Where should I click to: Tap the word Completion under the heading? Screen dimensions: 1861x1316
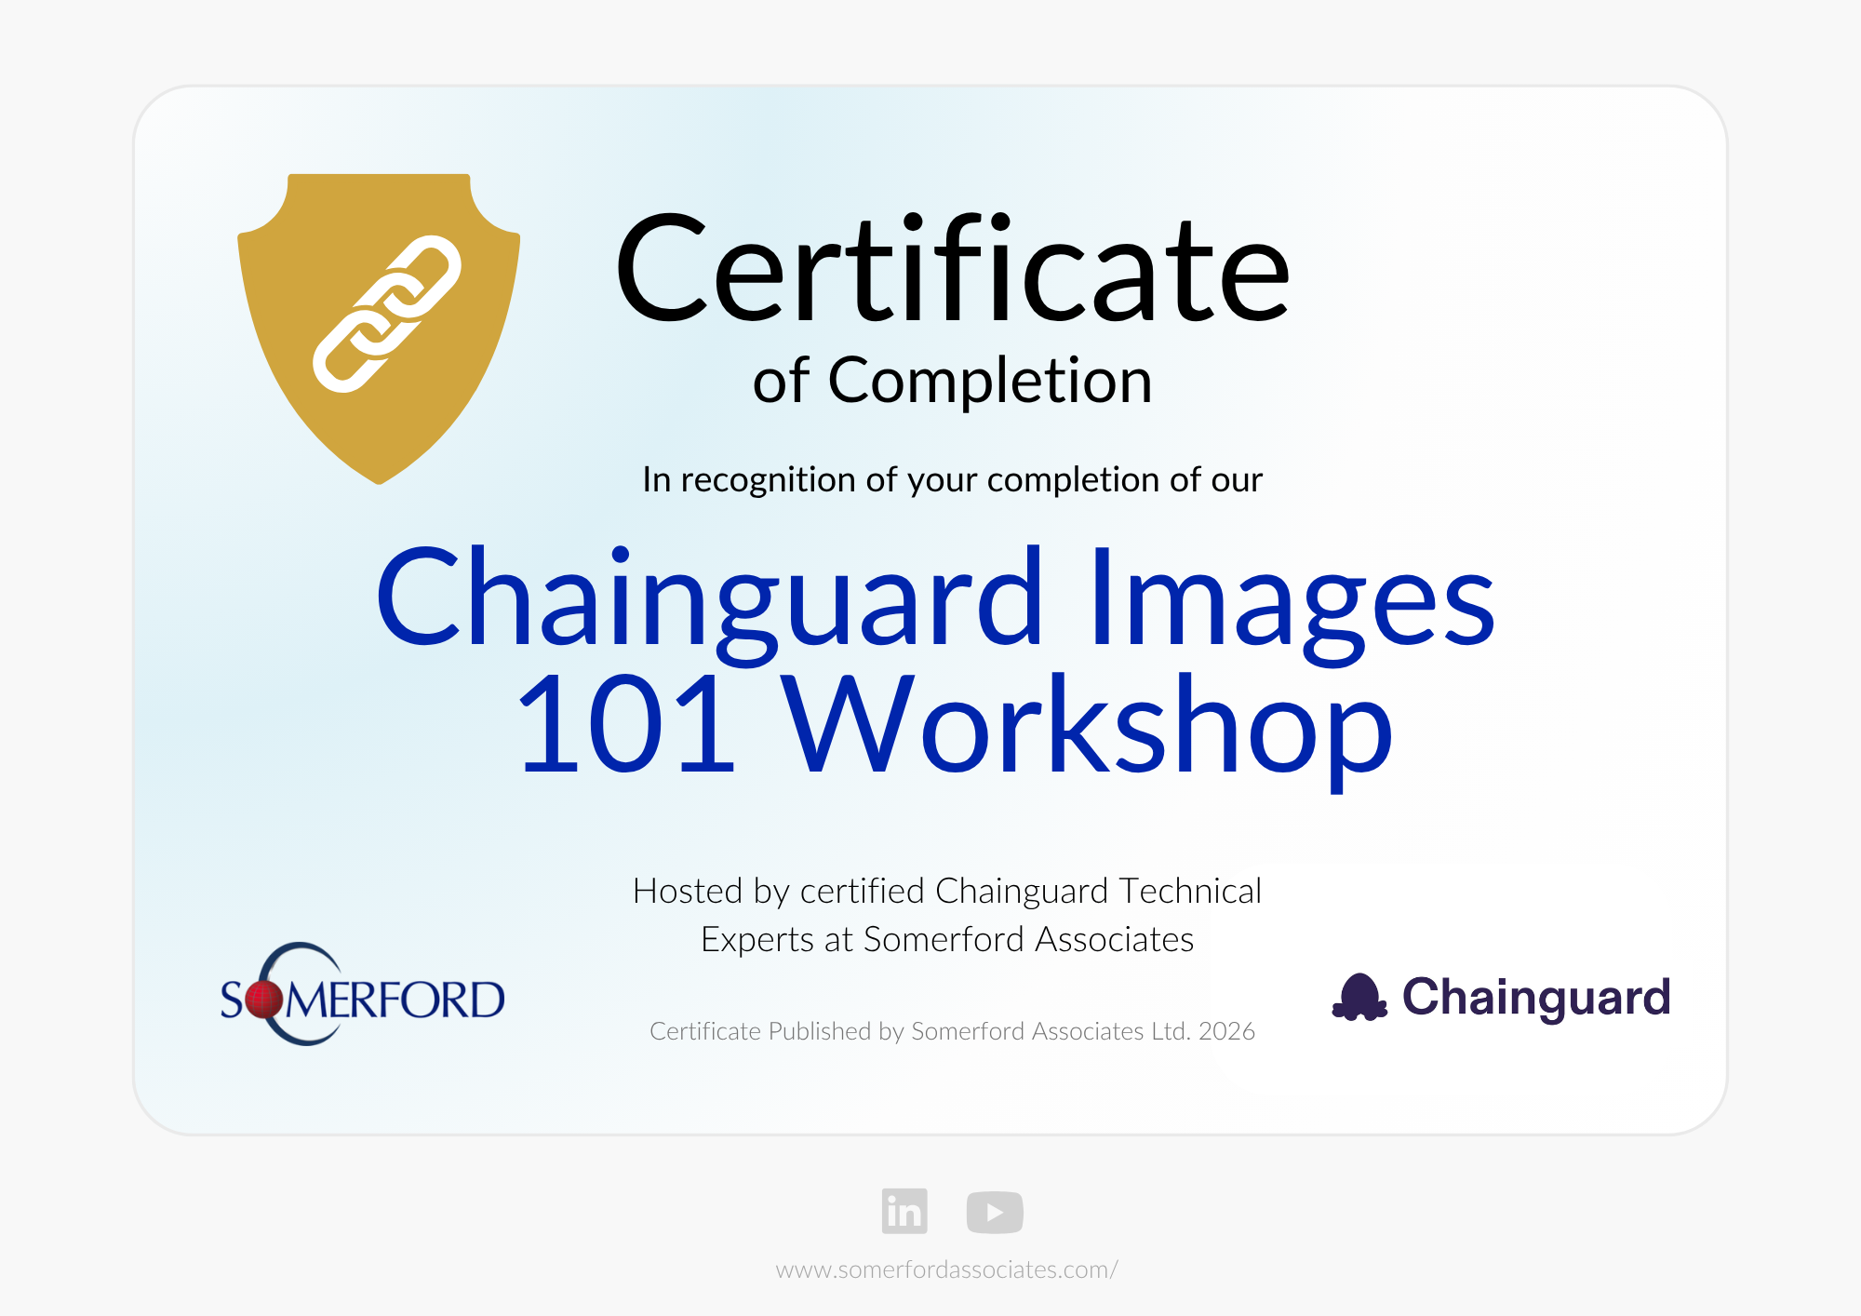[x=990, y=382]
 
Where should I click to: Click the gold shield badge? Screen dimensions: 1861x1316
[x=379, y=328]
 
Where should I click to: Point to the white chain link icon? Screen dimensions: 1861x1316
[x=387, y=314]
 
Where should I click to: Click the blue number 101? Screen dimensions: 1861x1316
[x=625, y=725]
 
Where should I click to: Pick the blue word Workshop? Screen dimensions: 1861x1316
[x=1087, y=731]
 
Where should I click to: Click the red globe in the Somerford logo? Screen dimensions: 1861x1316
[x=263, y=1000]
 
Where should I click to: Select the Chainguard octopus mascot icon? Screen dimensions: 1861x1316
[x=1359, y=997]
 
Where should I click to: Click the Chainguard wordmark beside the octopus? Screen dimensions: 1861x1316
[x=1536, y=999]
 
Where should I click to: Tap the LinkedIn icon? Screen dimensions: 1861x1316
[x=904, y=1211]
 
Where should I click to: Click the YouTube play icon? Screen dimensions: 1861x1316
[x=995, y=1212]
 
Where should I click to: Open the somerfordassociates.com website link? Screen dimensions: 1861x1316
[x=947, y=1269]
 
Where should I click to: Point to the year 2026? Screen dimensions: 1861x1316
[x=1226, y=1031]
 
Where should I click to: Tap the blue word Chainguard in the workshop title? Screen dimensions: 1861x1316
[x=709, y=600]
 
